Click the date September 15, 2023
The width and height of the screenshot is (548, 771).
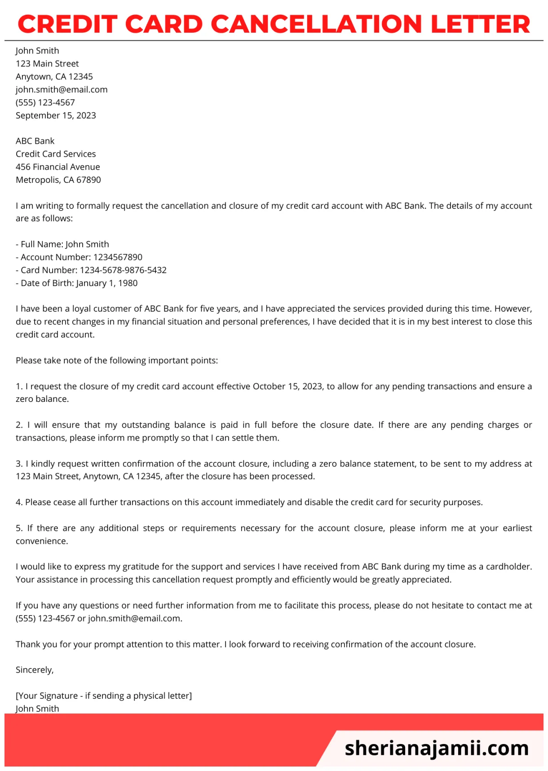pyautogui.click(x=56, y=115)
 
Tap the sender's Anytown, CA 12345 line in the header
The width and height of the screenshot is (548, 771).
pyautogui.click(x=54, y=76)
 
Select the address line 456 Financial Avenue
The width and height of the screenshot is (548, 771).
pyautogui.click(x=58, y=167)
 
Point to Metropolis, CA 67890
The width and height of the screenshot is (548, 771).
pyautogui.click(x=58, y=180)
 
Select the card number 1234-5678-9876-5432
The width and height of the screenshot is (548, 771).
pyautogui.click(x=123, y=270)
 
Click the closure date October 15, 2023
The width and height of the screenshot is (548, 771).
pyautogui.click(x=287, y=386)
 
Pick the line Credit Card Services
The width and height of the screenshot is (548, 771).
pyautogui.click(x=56, y=154)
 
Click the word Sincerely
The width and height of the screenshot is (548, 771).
pyautogui.click(x=35, y=670)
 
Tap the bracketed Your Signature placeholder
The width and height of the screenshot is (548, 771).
pyautogui.click(x=104, y=696)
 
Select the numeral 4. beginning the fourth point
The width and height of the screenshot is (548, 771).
pyautogui.click(x=19, y=502)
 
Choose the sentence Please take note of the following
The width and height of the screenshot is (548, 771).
pyautogui.click(x=117, y=360)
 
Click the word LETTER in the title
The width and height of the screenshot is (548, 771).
pyautogui.click(x=480, y=24)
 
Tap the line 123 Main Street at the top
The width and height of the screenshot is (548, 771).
pyautogui.click(x=47, y=63)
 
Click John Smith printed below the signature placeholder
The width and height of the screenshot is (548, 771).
pyautogui.click(x=37, y=708)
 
